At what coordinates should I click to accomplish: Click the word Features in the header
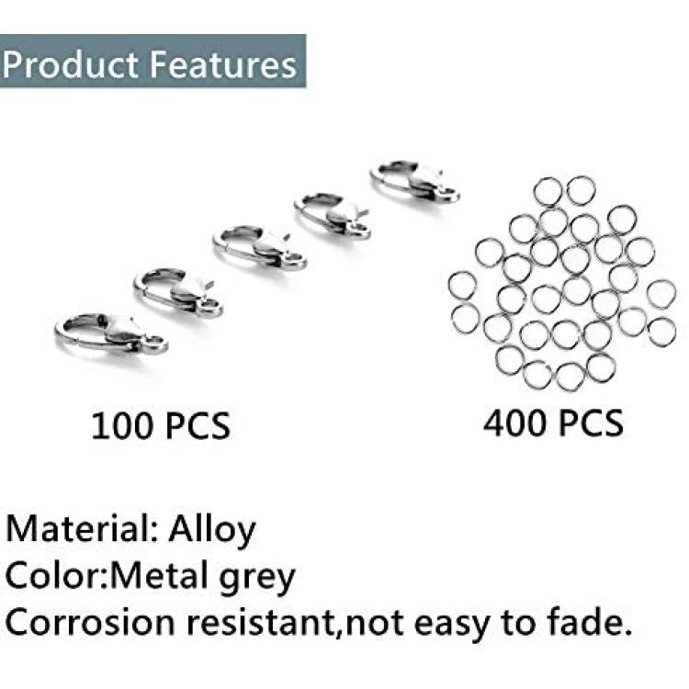223,64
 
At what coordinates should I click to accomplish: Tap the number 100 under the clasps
121,425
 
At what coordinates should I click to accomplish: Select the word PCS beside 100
197,425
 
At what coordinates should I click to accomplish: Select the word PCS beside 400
590,423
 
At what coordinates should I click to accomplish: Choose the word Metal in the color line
159,576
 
